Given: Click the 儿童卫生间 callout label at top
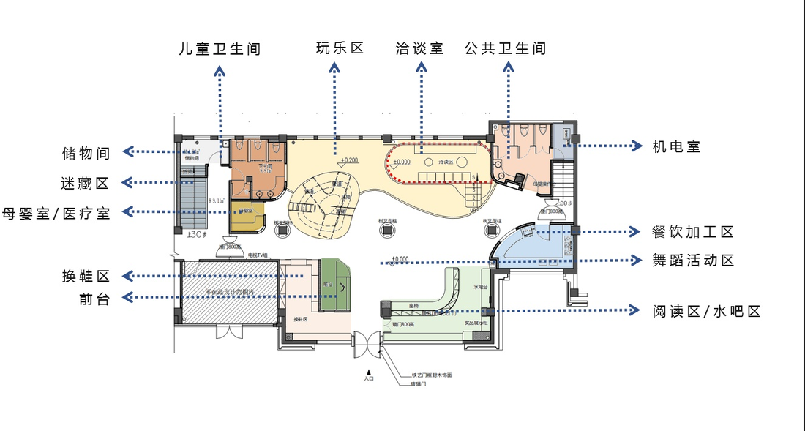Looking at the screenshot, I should click(x=220, y=50).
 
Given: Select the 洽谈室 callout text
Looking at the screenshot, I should click(x=419, y=49).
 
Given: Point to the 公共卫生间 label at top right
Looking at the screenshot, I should click(x=506, y=49).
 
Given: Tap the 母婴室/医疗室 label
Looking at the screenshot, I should click(x=56, y=213).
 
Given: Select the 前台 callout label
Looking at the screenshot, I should click(x=94, y=299).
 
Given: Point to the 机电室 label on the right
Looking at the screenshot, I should click(x=676, y=146).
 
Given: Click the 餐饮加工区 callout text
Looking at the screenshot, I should click(x=692, y=232).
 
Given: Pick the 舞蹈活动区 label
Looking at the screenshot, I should click(x=692, y=261).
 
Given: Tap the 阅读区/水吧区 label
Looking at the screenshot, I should click(x=706, y=312).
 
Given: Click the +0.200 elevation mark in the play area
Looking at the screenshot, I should click(x=349, y=160).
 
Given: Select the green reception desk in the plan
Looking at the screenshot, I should click(x=337, y=284).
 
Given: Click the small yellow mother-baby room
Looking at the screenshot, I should click(x=247, y=214).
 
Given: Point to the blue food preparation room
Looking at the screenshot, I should click(x=538, y=245).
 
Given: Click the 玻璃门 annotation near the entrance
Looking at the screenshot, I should click(x=419, y=383).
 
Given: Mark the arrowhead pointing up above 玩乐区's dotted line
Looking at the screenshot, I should click(x=334, y=67).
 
